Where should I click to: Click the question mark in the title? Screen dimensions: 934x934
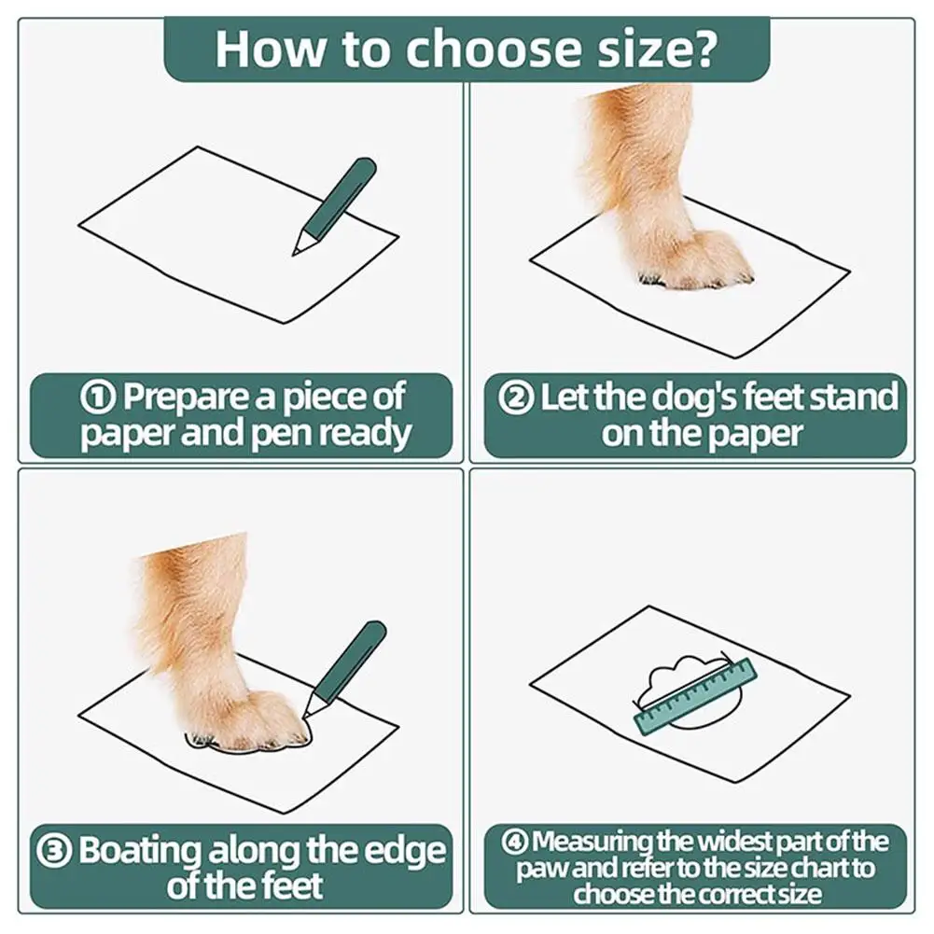(704, 48)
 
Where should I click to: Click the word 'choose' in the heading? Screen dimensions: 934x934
(494, 49)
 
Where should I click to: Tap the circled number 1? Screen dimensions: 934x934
(98, 397)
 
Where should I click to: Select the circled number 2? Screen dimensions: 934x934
(516, 397)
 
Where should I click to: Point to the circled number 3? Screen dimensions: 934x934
(54, 850)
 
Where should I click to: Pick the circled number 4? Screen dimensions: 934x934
(515, 842)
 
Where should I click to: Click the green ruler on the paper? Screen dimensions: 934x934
(695, 696)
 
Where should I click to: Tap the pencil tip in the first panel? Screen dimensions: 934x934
(295, 253)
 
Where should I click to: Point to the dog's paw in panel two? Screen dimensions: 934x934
(692, 258)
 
